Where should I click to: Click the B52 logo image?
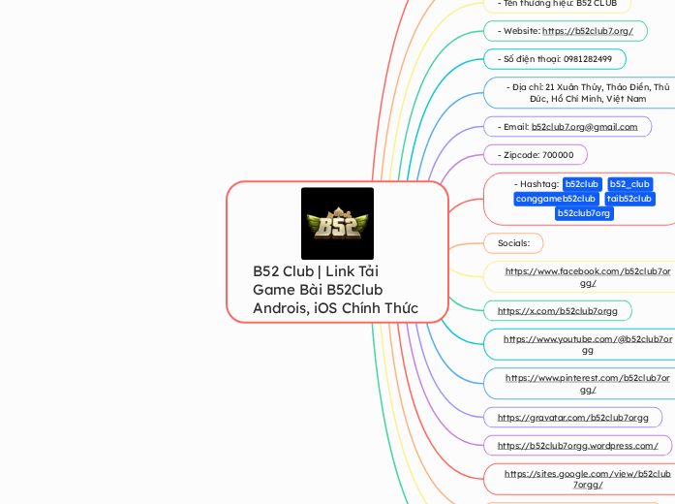337,224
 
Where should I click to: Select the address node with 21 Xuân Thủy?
587,92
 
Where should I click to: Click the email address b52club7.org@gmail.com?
584,126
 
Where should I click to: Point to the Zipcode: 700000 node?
536,155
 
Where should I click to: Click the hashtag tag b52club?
581,184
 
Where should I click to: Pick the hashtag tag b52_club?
629,184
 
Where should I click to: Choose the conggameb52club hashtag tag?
555,199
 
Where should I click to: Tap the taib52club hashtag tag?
629,199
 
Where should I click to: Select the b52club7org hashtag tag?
584,213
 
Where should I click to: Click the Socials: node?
513,242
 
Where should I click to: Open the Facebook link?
587,276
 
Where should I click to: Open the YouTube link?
587,344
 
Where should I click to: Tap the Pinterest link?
587,383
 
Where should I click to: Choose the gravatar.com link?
572,417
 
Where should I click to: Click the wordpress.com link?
577,446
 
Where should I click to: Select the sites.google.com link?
587,479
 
